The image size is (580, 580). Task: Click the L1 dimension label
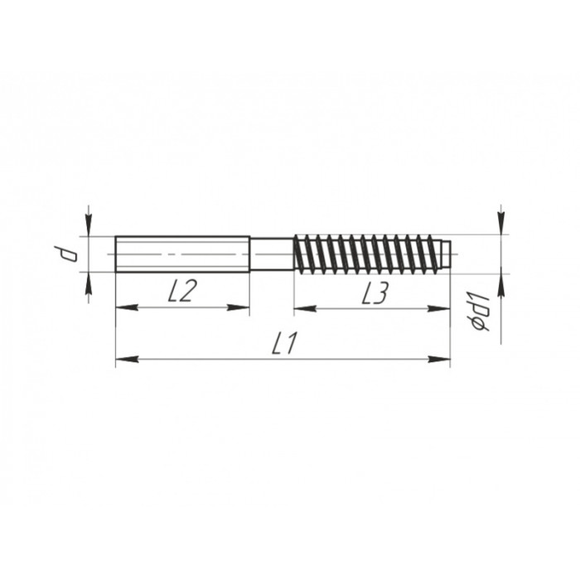284,343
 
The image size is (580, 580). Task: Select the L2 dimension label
181,290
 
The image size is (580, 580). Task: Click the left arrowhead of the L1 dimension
127,359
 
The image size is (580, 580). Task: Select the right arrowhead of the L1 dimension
439,359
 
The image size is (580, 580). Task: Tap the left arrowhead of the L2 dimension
127,307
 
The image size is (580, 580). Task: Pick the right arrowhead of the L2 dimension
239,307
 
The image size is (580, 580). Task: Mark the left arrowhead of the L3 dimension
305,308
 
